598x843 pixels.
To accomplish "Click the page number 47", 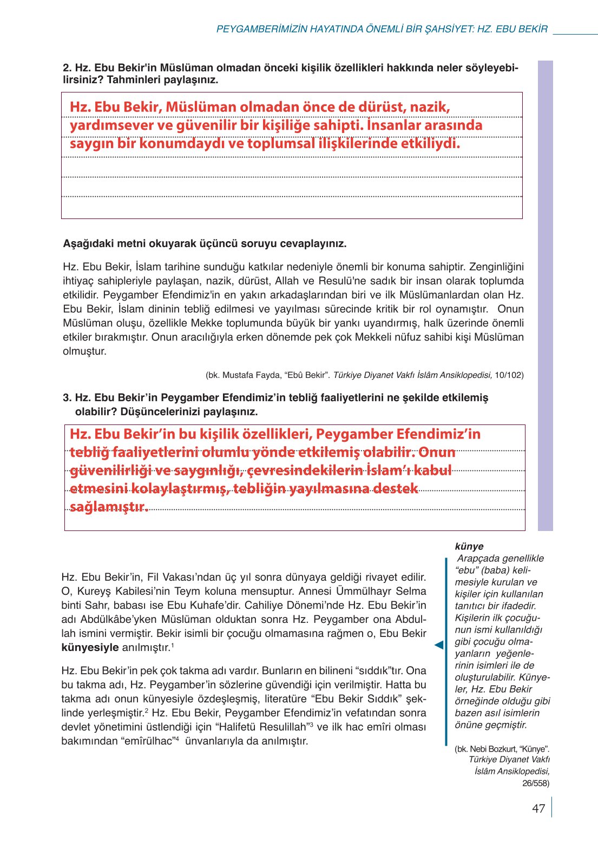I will [x=538, y=808].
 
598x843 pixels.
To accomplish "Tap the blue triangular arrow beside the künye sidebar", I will [x=439, y=645].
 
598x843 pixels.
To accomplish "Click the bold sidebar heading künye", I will [x=469, y=546].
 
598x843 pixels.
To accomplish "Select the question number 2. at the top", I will [x=68, y=68].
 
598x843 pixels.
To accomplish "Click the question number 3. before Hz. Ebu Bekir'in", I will [x=68, y=398].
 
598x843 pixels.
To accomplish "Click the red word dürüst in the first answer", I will [x=382, y=107].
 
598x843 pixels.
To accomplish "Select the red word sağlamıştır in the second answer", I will [x=108, y=507].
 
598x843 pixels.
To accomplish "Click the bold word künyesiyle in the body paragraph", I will [x=90, y=647].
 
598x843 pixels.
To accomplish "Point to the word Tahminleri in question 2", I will [x=132, y=80].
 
